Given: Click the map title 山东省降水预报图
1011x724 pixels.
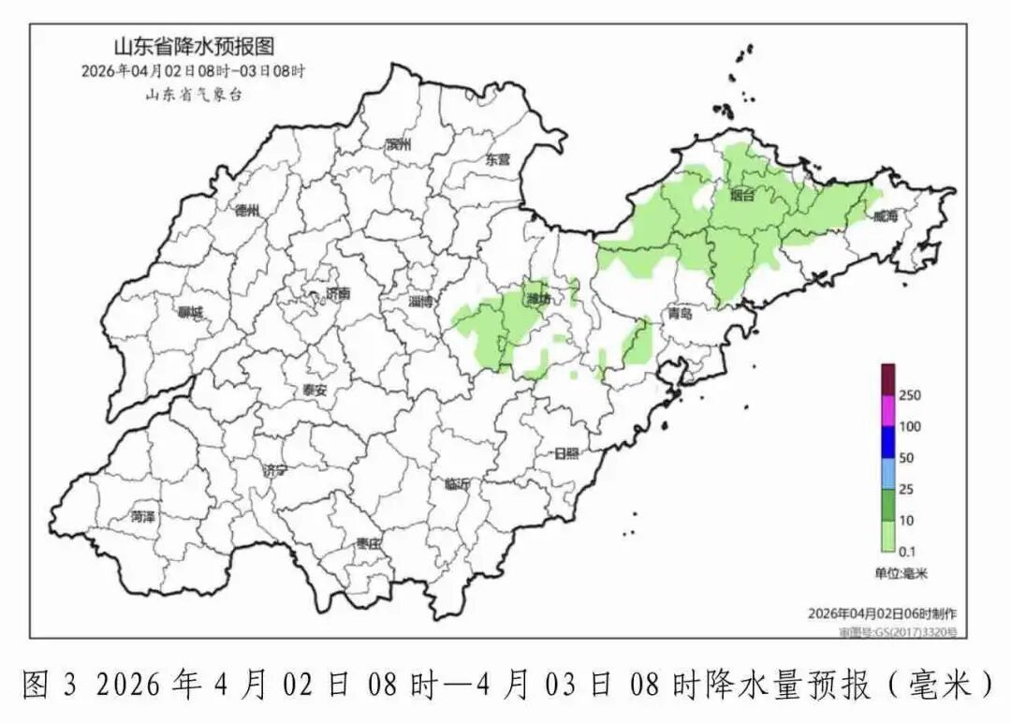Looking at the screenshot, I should pyautogui.click(x=194, y=47).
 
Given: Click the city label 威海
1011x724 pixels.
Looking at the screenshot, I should pyautogui.click(x=885, y=216).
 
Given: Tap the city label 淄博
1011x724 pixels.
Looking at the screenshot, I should pyautogui.click(x=421, y=302).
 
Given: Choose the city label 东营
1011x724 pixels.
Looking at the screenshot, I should pyautogui.click(x=498, y=159).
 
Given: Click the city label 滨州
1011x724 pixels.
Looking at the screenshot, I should pyautogui.click(x=399, y=144).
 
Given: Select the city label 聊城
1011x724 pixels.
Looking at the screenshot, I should pyautogui.click(x=190, y=312).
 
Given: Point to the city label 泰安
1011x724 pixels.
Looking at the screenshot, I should pyautogui.click(x=315, y=391).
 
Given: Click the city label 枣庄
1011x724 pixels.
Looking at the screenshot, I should pyautogui.click(x=368, y=543).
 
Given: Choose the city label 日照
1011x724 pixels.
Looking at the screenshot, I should pyautogui.click(x=566, y=453).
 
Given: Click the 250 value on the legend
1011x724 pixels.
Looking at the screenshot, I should pyautogui.click(x=910, y=395).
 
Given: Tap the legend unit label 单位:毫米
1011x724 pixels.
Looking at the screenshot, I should pyautogui.click(x=901, y=573).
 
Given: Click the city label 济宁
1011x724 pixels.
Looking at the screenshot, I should pyautogui.click(x=276, y=470).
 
